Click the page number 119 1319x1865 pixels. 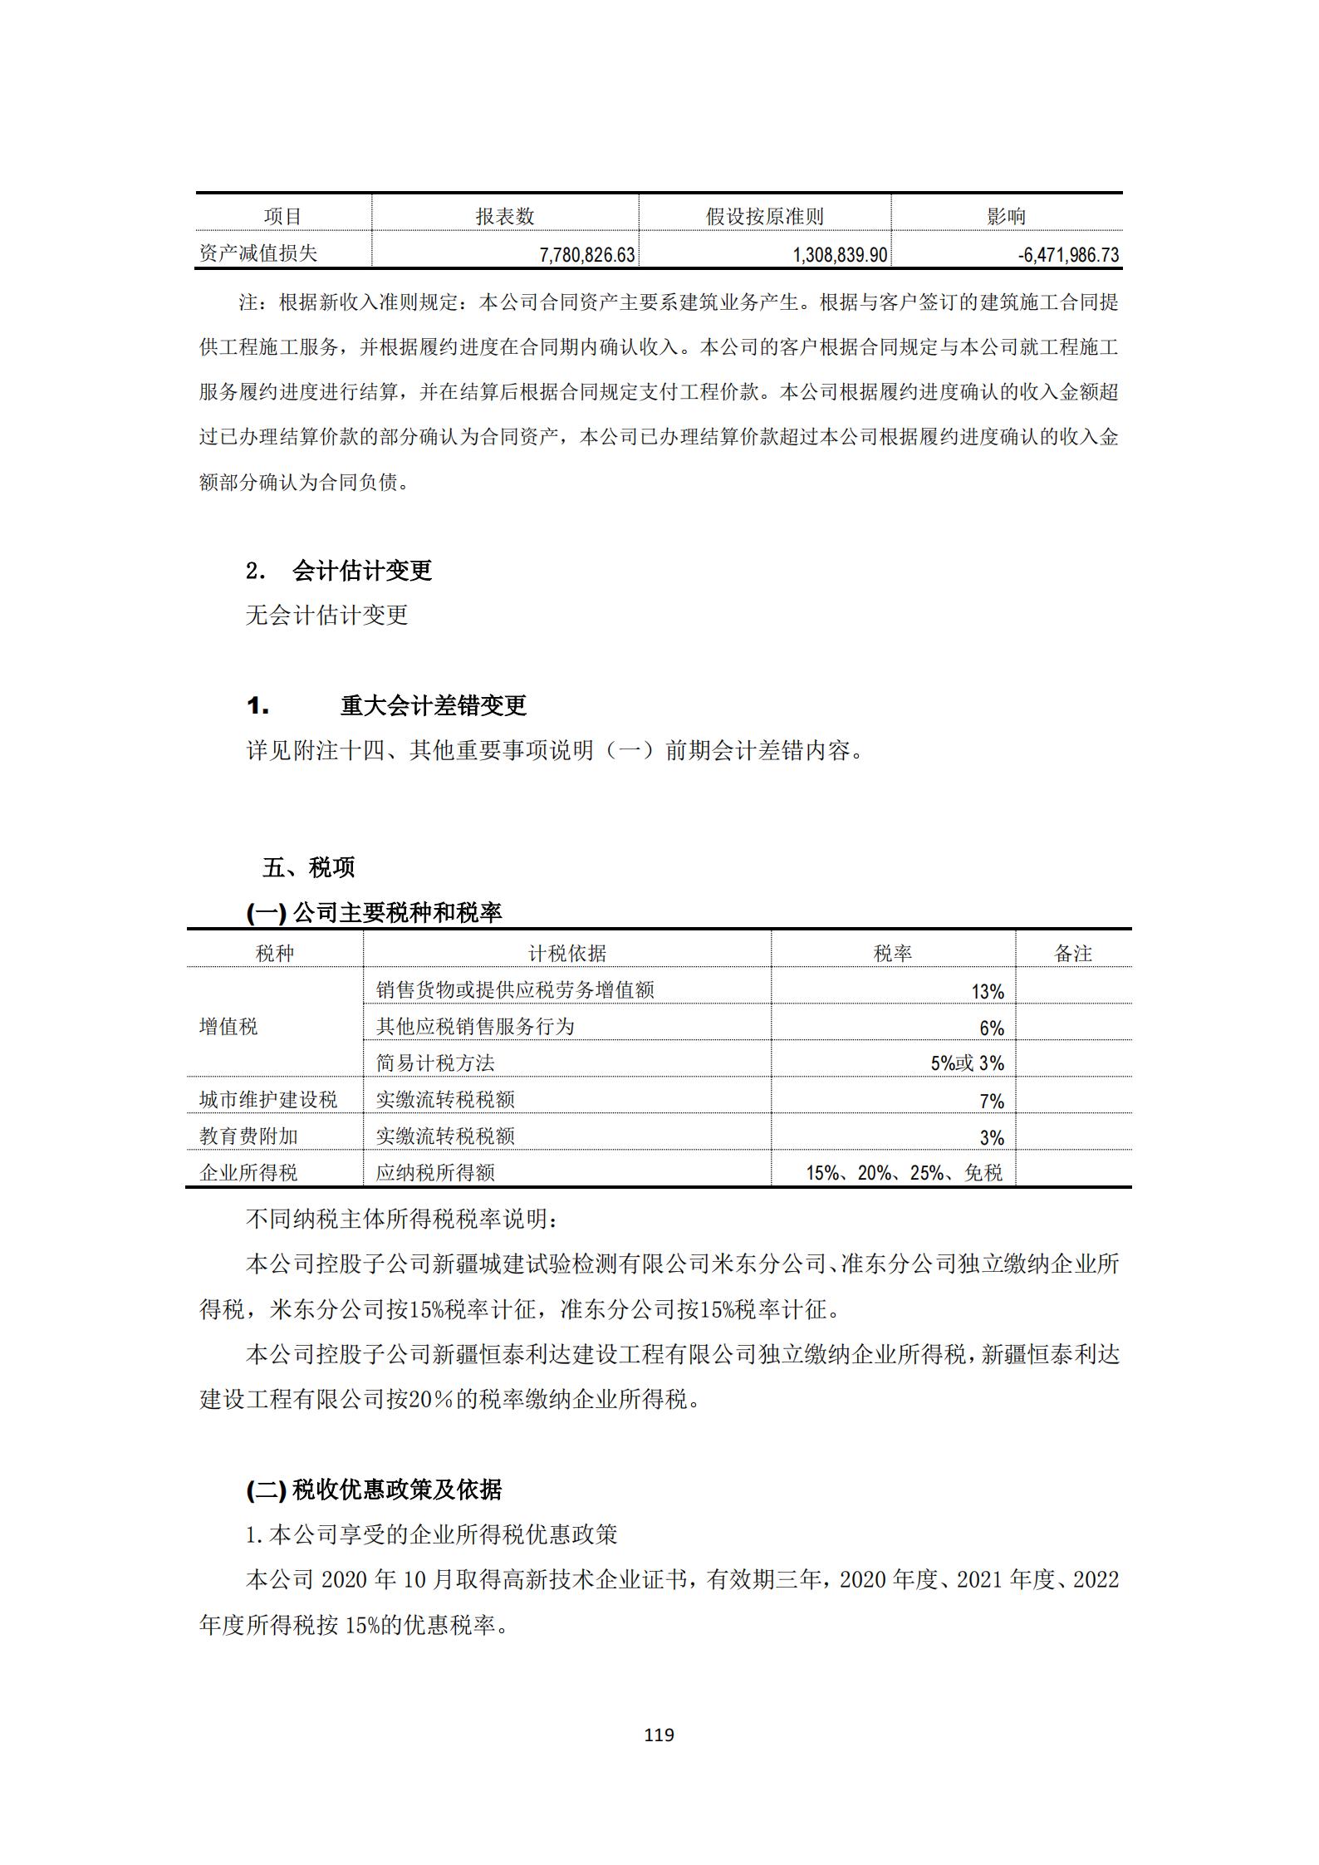[x=659, y=1735]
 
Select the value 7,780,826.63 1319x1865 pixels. [x=586, y=255]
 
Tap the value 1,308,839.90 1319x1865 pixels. [x=840, y=255]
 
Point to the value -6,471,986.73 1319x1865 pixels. [x=1068, y=255]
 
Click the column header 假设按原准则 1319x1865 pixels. [x=764, y=217]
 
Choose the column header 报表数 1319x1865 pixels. [x=504, y=217]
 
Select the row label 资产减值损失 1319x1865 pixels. [x=258, y=253]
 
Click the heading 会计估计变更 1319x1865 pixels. [x=361, y=571]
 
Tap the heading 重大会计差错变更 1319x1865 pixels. [x=433, y=706]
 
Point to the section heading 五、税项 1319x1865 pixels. [x=308, y=868]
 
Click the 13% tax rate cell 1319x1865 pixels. [x=988, y=991]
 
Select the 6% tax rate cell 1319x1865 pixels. [x=992, y=1028]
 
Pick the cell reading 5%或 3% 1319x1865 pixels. [x=967, y=1063]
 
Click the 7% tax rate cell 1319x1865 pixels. [x=992, y=1101]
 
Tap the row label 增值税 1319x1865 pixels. [x=228, y=1027]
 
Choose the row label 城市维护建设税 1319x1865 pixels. [x=268, y=1100]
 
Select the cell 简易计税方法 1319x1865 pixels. [x=434, y=1063]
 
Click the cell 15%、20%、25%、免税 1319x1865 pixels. [x=904, y=1173]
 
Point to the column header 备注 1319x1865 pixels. [x=1072, y=954]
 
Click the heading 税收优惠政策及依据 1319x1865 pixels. [x=396, y=1490]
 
